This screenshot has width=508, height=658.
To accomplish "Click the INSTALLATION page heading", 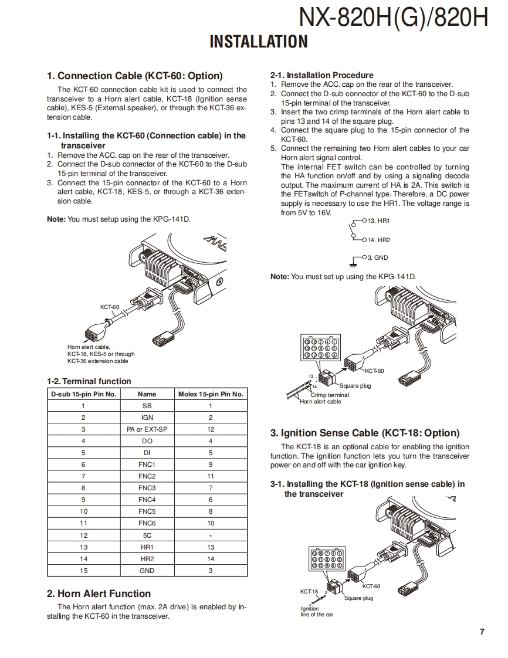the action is [x=259, y=42].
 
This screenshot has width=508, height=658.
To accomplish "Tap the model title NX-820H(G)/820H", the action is [x=393, y=18].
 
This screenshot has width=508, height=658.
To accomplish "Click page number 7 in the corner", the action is [x=482, y=632].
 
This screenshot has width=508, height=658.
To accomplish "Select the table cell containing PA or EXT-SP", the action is [x=147, y=429].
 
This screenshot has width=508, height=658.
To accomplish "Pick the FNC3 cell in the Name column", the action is [x=147, y=488].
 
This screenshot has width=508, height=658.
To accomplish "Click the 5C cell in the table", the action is [x=147, y=535].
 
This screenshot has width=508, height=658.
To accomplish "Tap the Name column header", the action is [x=147, y=394].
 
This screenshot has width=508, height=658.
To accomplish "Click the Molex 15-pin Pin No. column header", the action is [x=211, y=394].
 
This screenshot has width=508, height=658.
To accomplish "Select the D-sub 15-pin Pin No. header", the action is [x=83, y=394].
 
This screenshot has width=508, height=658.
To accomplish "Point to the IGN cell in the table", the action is [x=147, y=418].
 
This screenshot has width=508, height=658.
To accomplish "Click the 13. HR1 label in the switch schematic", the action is [x=378, y=221].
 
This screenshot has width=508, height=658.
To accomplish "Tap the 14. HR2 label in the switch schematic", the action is [x=378, y=240].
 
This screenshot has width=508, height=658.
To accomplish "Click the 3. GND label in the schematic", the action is [x=377, y=257].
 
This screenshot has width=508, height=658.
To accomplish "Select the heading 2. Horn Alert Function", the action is [x=99, y=593].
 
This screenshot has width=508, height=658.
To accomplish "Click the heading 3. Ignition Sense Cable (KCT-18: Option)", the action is [x=364, y=433].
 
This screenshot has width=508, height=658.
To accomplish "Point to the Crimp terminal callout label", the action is [x=330, y=395].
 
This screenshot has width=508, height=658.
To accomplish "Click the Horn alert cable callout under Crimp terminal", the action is [x=320, y=402].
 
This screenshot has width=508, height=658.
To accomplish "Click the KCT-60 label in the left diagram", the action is [x=109, y=307].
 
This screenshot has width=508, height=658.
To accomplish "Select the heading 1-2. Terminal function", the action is [x=89, y=381].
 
